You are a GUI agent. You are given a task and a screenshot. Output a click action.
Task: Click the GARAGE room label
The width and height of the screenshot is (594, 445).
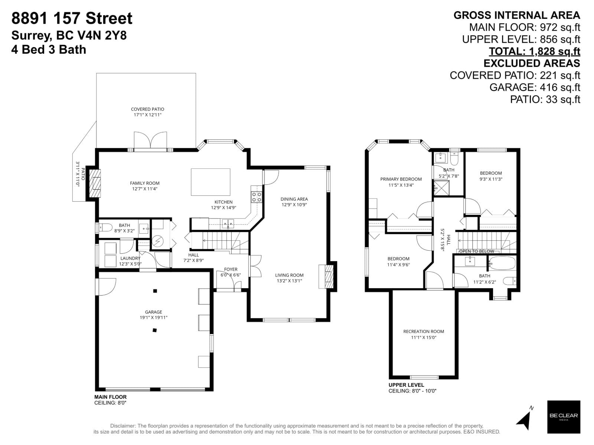pos(153,312)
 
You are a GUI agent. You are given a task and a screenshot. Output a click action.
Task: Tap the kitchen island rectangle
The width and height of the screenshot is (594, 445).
pos(210,182)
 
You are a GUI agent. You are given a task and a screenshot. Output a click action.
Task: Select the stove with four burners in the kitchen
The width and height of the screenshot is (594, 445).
pos(256,197)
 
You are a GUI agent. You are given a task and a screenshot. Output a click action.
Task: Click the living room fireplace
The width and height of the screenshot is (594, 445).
pos(327,277)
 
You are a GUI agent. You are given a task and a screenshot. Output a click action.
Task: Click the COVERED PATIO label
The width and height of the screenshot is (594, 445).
pos(147,109)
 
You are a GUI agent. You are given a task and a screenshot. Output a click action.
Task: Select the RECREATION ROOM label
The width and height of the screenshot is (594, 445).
pos(424,332)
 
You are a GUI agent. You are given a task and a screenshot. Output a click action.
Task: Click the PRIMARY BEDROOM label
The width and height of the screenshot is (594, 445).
pos(401,179)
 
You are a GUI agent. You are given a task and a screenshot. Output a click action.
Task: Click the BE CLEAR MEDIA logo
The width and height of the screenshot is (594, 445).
pos(564,417)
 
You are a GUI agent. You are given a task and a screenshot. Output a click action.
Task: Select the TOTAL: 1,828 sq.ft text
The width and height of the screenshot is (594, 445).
pos(534,51)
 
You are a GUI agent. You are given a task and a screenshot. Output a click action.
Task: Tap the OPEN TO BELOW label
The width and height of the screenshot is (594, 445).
pos(477,251)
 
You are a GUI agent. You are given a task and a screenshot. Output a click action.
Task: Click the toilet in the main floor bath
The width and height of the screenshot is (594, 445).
pos(105,227)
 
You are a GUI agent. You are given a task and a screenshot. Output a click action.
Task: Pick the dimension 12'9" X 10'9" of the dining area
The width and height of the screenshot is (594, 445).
pos(294,205)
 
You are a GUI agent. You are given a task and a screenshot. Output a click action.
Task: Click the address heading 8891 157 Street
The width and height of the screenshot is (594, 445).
pos(72,18)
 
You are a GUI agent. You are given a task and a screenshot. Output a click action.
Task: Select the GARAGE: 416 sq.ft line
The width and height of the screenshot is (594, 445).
pos(535,87)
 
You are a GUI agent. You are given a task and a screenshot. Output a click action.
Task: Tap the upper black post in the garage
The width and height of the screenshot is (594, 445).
pos(155,291)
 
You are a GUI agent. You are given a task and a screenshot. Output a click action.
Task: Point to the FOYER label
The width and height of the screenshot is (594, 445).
pos(231,269)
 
